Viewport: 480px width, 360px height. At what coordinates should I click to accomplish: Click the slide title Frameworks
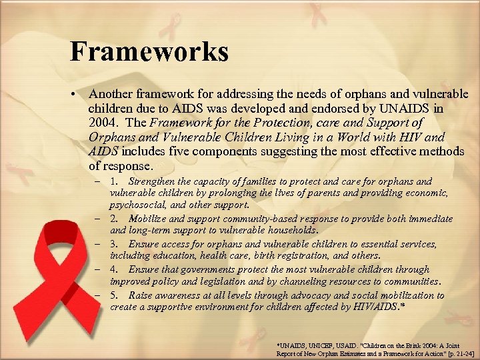pos(149,51)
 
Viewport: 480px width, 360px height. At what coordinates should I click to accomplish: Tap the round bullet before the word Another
pos(78,95)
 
